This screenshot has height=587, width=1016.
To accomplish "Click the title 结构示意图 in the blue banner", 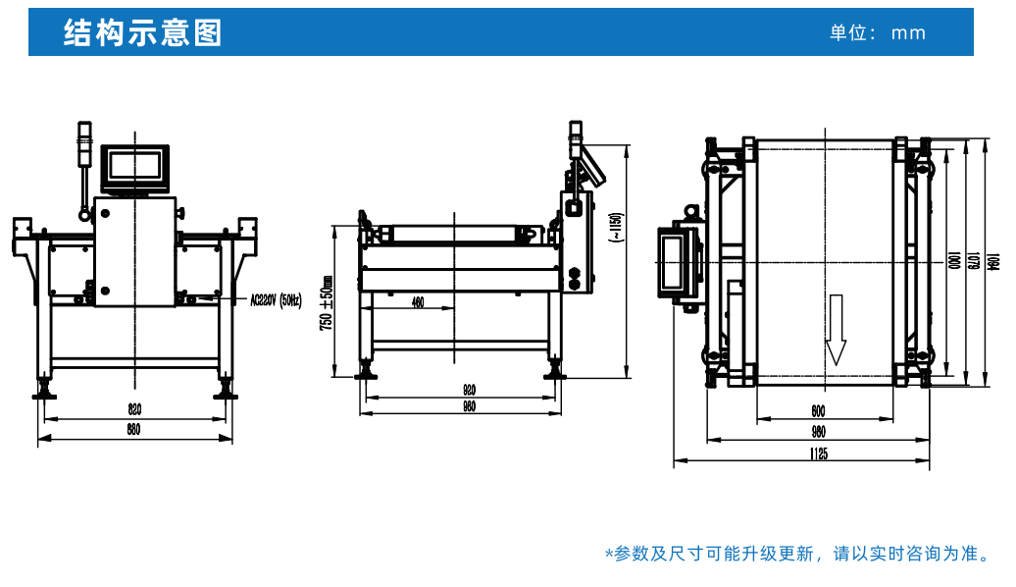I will point(143,32).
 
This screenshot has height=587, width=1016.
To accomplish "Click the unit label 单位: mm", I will point(878,32).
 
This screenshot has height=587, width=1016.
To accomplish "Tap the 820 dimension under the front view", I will point(134,408).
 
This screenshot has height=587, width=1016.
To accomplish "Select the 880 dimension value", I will point(134,430).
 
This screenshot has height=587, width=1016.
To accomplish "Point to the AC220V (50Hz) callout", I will point(277,300).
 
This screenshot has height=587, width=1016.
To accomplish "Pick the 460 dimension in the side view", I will point(418,302).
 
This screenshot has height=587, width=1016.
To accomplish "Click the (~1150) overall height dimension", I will point(615,228).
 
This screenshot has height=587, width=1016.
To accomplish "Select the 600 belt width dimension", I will point(818,411).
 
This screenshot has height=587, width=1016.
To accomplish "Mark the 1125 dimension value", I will point(818,454).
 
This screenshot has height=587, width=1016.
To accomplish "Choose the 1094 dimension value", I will point(992,261).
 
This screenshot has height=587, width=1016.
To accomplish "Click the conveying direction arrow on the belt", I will point(835,329).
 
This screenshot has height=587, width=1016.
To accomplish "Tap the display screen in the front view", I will point(135,164).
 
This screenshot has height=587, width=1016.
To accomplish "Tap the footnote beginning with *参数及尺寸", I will point(799,554).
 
